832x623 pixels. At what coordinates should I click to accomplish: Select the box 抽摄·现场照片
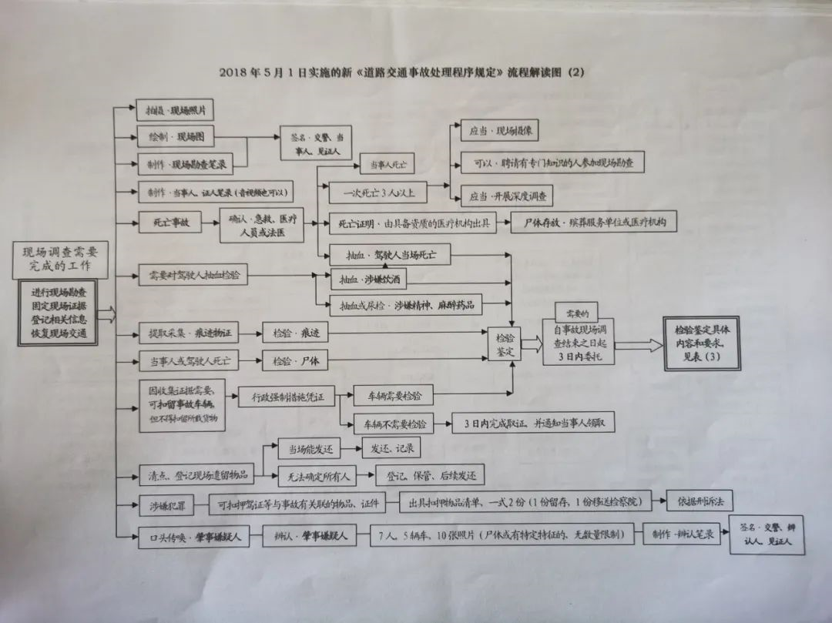[174, 111]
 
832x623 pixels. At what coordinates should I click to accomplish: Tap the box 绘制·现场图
[176, 137]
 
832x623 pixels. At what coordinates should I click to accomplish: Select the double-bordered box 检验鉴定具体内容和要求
[700, 343]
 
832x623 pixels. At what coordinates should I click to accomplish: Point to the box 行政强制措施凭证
[287, 397]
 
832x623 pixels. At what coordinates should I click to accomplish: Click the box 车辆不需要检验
[392, 424]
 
